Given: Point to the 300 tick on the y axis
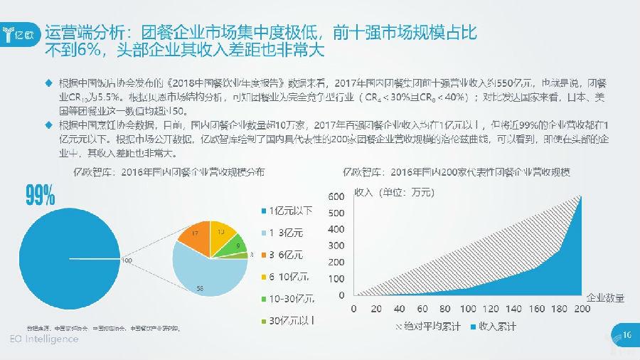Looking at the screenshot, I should click(334, 245).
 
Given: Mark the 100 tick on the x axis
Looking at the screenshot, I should click(469, 309).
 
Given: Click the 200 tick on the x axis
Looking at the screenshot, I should click(582, 309).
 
